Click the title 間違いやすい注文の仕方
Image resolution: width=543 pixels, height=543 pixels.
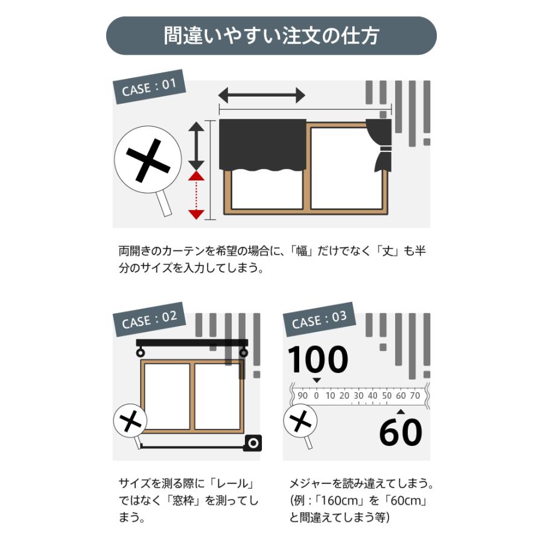271,36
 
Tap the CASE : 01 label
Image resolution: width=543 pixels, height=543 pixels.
149,87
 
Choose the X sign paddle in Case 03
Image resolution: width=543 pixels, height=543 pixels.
300,420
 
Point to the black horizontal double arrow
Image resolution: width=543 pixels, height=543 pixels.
261,95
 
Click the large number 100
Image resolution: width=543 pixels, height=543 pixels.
317,360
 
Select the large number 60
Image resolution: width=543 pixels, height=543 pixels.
401,432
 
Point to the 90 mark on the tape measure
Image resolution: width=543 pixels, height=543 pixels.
302,396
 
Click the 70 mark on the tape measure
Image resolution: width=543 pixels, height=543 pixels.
414,396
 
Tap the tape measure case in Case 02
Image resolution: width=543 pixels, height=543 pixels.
253,443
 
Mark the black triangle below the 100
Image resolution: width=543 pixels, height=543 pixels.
316,380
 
